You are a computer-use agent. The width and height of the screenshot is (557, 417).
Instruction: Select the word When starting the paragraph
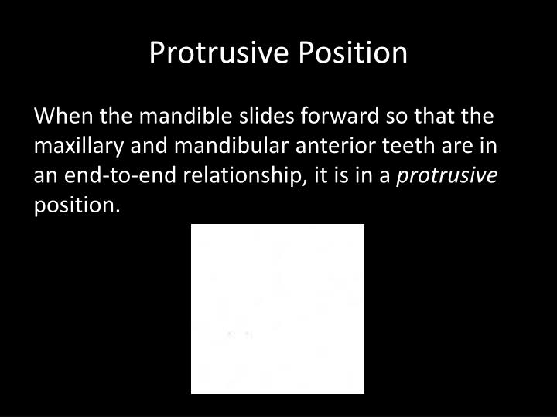59,117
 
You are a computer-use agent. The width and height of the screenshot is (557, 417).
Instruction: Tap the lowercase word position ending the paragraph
77,205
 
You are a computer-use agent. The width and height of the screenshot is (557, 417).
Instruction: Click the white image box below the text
278,309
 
